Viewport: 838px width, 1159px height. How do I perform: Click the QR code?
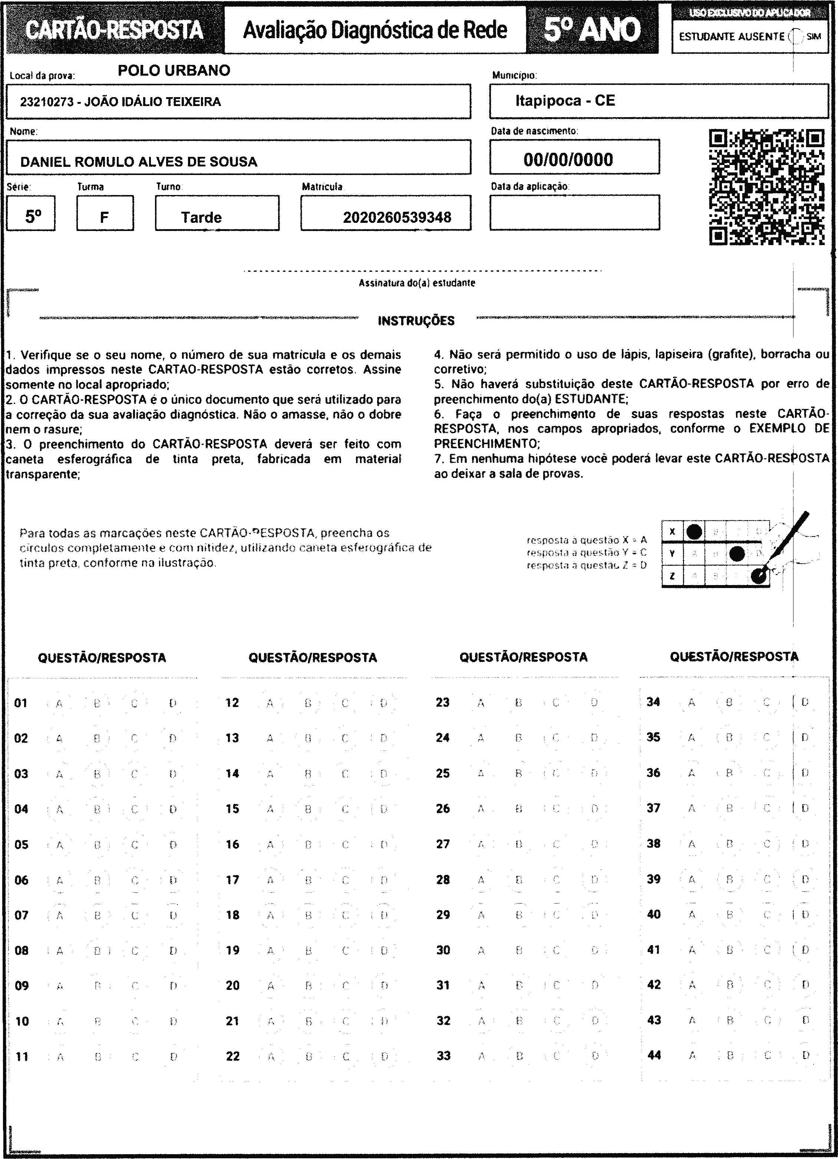(767, 186)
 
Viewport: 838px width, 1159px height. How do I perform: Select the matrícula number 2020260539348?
(397, 218)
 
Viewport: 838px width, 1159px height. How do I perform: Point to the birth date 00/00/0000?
(568, 160)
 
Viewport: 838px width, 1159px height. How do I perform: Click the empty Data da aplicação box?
(574, 212)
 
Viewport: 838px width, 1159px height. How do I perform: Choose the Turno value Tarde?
(201, 218)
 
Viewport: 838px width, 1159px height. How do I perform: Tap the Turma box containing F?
(104, 218)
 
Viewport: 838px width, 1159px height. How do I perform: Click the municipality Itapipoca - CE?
(565, 101)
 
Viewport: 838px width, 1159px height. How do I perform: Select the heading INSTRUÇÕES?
(416, 321)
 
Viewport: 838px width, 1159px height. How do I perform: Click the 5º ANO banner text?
(592, 30)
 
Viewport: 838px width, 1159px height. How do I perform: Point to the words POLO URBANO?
(174, 70)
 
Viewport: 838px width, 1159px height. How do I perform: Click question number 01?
(20, 703)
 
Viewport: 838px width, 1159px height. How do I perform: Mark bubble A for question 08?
(59, 951)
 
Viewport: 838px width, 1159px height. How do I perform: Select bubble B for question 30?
(519, 951)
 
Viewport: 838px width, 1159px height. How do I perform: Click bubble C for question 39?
(767, 879)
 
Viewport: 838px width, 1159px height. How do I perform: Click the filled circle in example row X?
(693, 532)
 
